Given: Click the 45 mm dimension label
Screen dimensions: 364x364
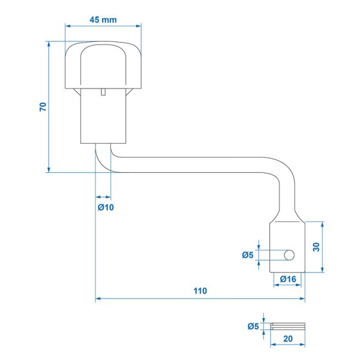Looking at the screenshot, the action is (x=103, y=20).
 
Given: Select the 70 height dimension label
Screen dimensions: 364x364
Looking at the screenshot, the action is (x=43, y=107).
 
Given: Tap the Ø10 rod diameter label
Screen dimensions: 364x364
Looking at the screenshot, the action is (x=106, y=207).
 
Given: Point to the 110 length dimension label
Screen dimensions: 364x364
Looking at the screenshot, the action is (x=200, y=291).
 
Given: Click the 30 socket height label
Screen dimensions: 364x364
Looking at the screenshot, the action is (x=316, y=247).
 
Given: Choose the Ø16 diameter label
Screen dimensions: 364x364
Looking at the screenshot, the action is (x=288, y=279).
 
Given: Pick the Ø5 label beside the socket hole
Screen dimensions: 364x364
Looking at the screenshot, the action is (x=248, y=255).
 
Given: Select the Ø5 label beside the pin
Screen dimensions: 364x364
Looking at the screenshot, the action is (x=253, y=326).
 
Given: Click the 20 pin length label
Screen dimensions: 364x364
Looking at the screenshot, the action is (x=288, y=339).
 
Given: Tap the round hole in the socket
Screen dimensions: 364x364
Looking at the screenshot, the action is (x=289, y=255).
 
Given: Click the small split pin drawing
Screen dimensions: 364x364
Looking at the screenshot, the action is (x=288, y=326).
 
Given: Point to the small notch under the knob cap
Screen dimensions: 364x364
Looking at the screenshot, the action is (x=103, y=92).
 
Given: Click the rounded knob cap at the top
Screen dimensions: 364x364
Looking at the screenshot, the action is (x=103, y=65).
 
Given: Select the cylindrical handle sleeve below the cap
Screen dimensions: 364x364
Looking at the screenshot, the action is (x=103, y=116).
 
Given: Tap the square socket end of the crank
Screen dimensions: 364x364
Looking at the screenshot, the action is (x=288, y=247).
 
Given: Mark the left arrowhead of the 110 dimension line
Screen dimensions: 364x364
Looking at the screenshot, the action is (x=98, y=298).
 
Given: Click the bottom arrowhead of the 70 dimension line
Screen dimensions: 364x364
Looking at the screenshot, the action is (x=49, y=170).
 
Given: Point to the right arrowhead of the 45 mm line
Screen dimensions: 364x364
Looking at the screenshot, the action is (x=138, y=25).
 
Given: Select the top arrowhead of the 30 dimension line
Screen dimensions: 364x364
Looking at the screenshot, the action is (x=322, y=224).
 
